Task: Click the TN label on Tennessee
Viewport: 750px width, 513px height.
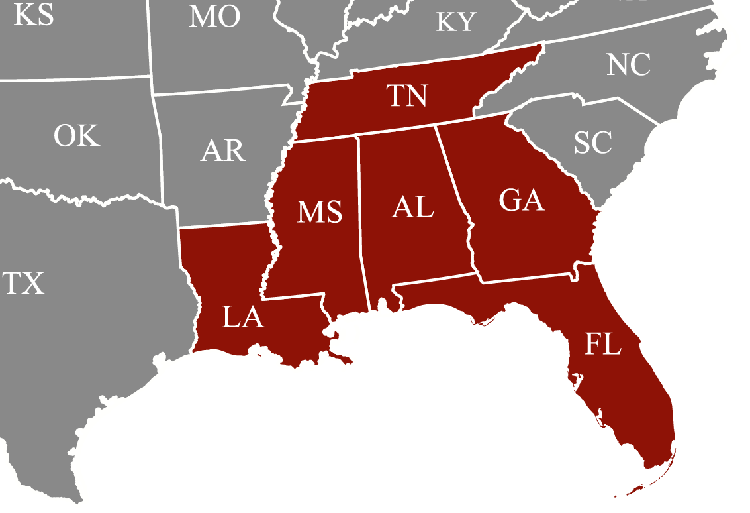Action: point(407,96)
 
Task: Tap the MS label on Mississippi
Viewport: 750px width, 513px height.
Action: point(320,212)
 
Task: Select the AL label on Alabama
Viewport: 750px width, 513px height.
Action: point(412,207)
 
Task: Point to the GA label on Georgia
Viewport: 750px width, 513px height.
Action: point(522,200)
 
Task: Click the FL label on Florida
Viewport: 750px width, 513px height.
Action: point(603,345)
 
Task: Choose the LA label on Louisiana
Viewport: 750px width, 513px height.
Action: point(243,318)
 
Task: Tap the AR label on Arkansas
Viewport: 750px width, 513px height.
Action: point(223,151)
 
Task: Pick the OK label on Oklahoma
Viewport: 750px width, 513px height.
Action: point(77,137)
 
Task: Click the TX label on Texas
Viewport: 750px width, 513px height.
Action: point(24,284)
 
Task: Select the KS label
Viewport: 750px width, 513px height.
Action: point(34,15)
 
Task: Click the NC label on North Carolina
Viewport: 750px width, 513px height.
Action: point(628,66)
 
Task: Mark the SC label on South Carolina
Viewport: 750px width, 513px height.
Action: point(593,142)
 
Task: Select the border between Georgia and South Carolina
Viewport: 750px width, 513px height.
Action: point(556,166)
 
